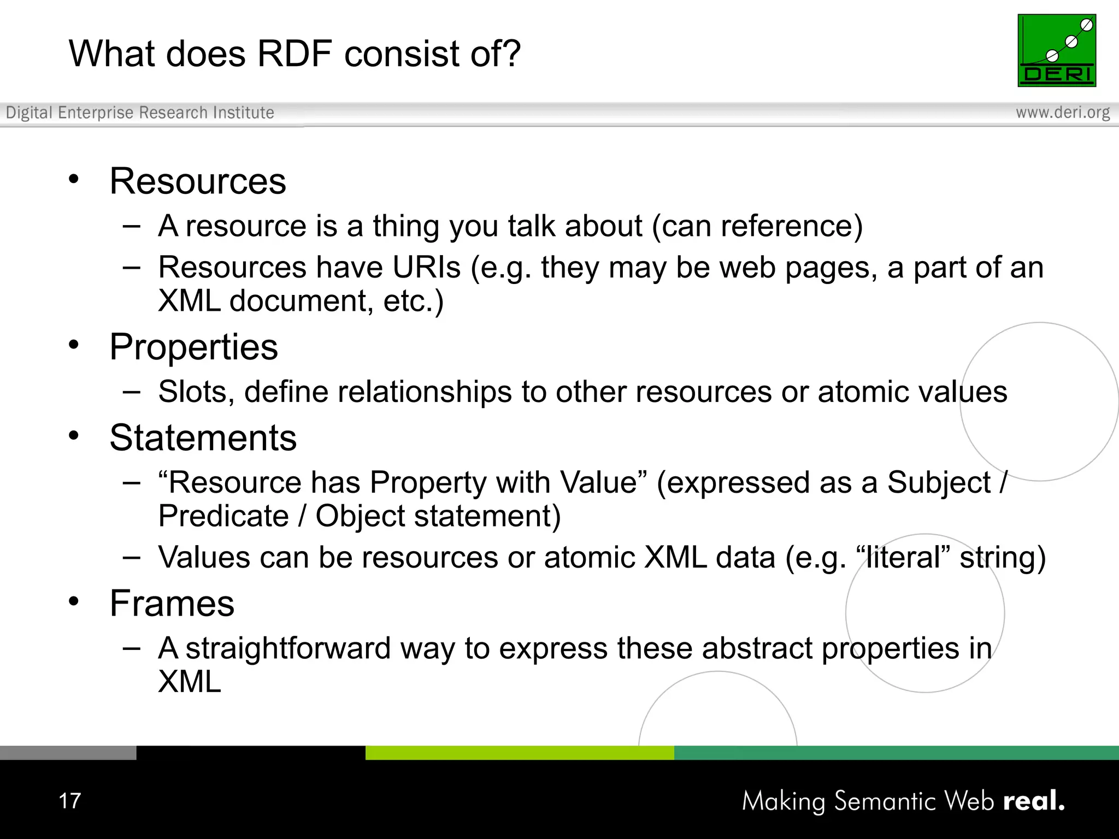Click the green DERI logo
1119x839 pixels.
coord(1056,50)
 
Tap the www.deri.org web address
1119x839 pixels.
coord(1062,113)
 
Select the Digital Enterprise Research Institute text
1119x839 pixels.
coord(140,113)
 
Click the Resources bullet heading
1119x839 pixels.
coord(197,181)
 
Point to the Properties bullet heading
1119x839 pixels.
coord(193,347)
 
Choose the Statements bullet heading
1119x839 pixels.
coord(203,438)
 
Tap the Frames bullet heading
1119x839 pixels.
coord(172,604)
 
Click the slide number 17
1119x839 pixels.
coord(69,801)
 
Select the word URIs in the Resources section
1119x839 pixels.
coord(426,268)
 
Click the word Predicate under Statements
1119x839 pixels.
coord(223,516)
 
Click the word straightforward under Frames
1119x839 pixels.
coord(287,648)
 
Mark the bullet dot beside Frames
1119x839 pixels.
coord(74,601)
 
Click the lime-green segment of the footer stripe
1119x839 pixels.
coord(519,753)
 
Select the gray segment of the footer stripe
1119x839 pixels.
coord(68,753)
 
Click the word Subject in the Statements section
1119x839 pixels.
coord(938,483)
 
